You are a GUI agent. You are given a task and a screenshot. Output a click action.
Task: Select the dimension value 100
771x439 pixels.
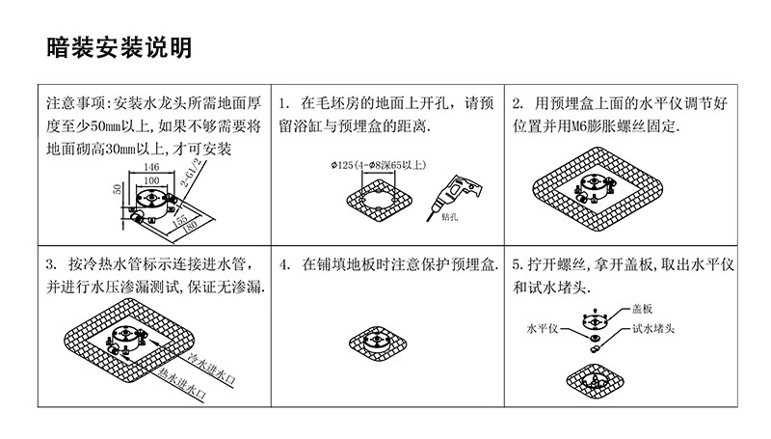pyautogui.click(x=150, y=179)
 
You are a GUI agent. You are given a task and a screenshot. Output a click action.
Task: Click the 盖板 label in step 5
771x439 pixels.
pyautogui.click(x=642, y=310)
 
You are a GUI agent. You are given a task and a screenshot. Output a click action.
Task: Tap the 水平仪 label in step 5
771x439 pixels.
pyautogui.click(x=542, y=329)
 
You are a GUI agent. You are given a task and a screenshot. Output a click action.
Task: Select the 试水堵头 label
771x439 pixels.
pyautogui.click(x=653, y=329)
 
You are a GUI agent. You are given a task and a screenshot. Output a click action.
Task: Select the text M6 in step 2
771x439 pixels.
pyautogui.click(x=595, y=126)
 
